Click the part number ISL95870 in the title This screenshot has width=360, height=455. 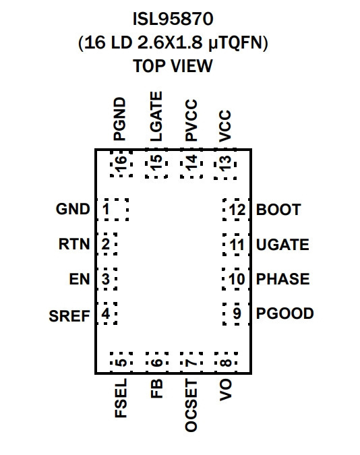(x=173, y=19)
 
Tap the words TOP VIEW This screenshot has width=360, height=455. (x=173, y=66)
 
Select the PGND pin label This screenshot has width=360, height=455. (x=119, y=119)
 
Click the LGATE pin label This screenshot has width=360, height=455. (x=156, y=117)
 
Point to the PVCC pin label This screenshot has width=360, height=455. (x=191, y=121)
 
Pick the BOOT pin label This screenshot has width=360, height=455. (x=278, y=210)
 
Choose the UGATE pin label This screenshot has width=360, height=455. (x=282, y=245)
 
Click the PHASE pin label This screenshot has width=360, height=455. (x=282, y=279)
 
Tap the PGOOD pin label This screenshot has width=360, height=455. (x=284, y=313)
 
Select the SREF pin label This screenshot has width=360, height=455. (x=69, y=316)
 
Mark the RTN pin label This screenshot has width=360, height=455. (x=74, y=244)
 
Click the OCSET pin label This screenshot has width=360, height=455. (x=191, y=405)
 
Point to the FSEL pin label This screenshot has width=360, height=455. (x=121, y=398)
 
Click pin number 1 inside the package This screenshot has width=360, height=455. (x=106, y=209)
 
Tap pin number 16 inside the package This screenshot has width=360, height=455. (x=121, y=163)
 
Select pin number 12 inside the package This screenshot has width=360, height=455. (x=237, y=210)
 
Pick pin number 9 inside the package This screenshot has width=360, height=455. (x=237, y=313)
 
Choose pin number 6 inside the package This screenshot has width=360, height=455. (x=156, y=363)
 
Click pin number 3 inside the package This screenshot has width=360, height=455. (x=106, y=279)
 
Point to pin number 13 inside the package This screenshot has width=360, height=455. (x=225, y=163)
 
